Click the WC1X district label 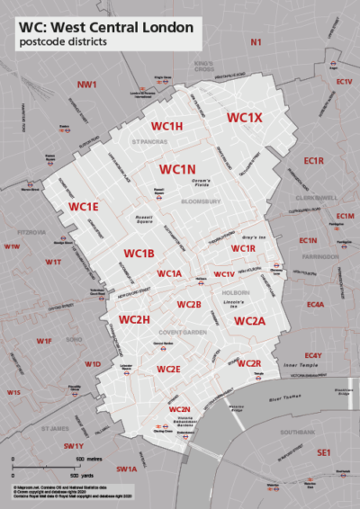(x=244, y=118)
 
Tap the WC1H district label (x=166, y=126)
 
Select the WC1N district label (x=177, y=169)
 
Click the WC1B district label (x=139, y=254)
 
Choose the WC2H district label (x=133, y=320)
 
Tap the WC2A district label (x=250, y=321)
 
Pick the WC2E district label (x=168, y=370)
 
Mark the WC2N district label (x=180, y=410)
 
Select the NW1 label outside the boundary (x=86, y=85)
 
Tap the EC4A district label (x=315, y=305)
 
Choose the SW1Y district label (x=74, y=446)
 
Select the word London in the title (x=164, y=28)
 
